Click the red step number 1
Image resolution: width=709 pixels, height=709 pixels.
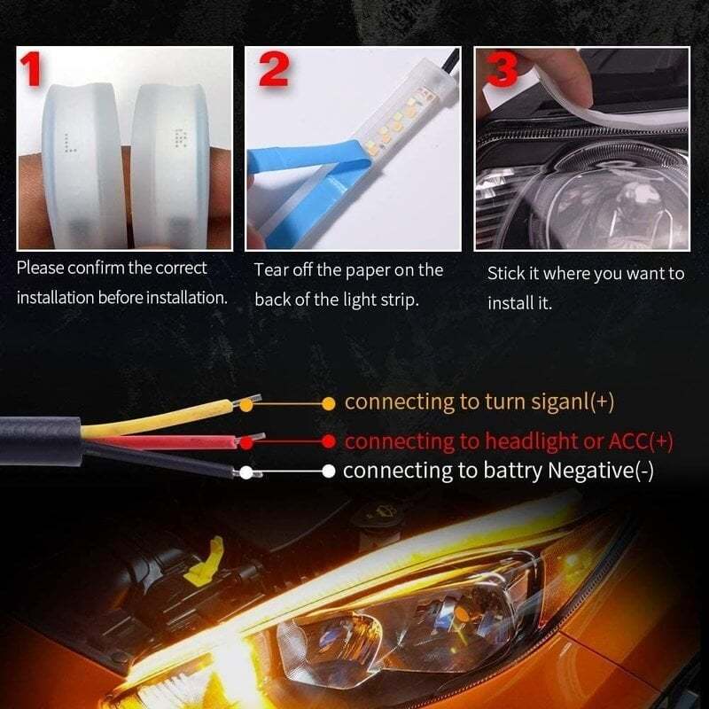pos(34,68)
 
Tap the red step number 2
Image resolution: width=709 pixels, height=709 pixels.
pos(274,68)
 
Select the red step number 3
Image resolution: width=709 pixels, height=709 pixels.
pos(502,68)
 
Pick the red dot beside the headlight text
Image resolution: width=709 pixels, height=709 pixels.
pos(328,440)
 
